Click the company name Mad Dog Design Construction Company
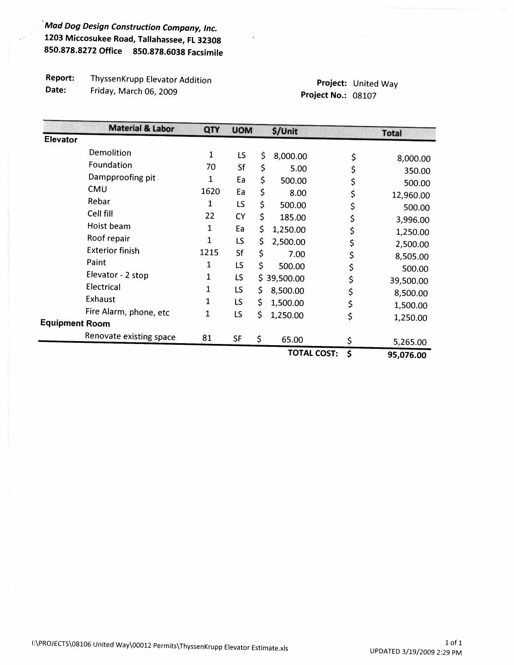click(131, 27)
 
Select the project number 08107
click(364, 96)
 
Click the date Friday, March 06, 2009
click(134, 91)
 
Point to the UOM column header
click(242, 130)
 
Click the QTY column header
click(212, 129)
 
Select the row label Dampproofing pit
click(122, 177)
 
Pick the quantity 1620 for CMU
click(210, 191)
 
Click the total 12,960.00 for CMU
click(411, 195)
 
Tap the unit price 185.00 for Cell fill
click(293, 217)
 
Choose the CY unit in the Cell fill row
click(240, 217)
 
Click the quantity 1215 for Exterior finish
click(209, 252)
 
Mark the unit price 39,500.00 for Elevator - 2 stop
click(285, 278)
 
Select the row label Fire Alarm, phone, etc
click(127, 312)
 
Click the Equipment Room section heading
click(75, 323)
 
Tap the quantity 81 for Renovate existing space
click(207, 338)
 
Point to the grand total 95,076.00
click(407, 355)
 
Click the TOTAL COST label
click(312, 353)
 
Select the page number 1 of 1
click(453, 643)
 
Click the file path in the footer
click(160, 646)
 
